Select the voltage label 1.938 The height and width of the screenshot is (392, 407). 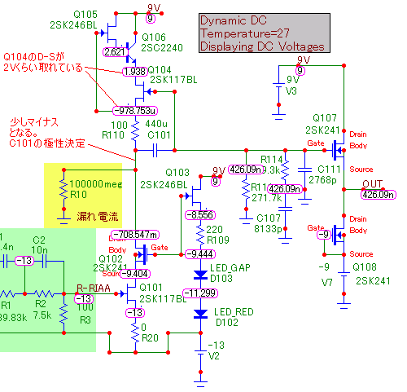tap(136, 73)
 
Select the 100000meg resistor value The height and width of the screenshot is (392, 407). tap(95, 184)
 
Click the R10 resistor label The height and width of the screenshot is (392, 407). tap(77, 195)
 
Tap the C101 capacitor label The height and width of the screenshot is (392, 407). tap(160, 134)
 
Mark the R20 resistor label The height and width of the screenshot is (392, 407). tap(151, 337)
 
